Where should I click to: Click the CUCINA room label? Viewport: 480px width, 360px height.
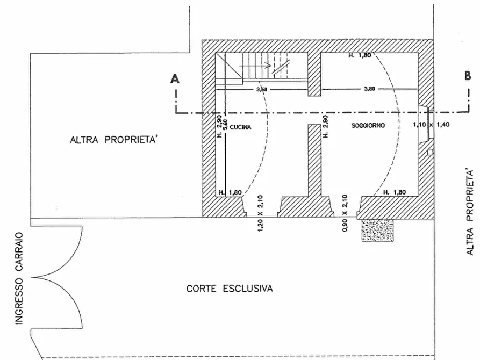pos(240,127)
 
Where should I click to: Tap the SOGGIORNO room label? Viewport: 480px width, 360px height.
pos(368,126)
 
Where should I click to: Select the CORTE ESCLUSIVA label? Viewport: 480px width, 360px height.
pos(230,289)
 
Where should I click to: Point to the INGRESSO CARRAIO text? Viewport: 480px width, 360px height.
pos(19,278)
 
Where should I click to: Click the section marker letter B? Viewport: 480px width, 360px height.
pos(468,76)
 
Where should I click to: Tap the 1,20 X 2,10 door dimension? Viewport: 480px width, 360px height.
pos(261,213)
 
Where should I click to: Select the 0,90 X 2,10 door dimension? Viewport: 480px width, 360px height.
pos(345,213)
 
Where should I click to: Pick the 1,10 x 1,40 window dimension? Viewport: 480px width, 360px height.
pos(431,125)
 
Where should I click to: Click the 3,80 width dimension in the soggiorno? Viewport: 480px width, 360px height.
pos(369,89)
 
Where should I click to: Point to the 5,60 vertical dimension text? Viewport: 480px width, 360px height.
pos(225,125)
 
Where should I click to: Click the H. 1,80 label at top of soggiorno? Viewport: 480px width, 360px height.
pos(360,55)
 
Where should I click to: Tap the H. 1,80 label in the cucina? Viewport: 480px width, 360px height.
pos(230,193)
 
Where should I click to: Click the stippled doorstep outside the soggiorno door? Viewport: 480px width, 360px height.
pos(377,230)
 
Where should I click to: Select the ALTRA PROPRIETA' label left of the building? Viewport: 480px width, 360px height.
pos(114,140)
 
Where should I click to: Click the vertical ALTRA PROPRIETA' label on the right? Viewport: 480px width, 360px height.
pos(470,211)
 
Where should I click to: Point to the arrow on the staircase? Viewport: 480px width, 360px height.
pos(255,66)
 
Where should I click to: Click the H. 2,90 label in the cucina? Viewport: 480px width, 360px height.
pos(219,126)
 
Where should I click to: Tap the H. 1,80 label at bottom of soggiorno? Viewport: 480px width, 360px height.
pos(395,192)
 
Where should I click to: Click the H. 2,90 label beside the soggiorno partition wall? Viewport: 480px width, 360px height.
pos(325,126)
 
